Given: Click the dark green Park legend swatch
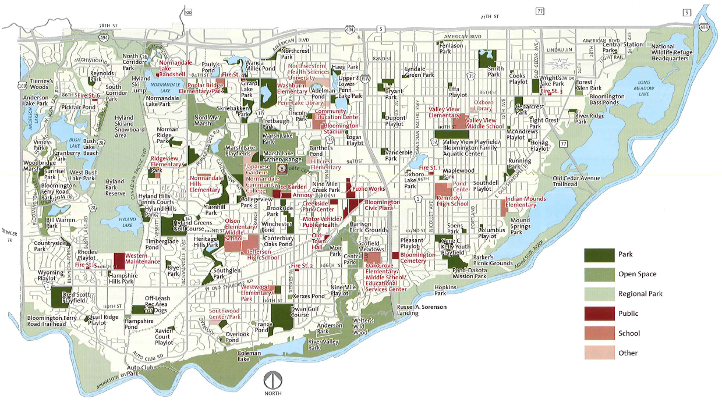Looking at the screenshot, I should pos(599,255).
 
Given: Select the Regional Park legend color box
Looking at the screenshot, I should pos(599,294).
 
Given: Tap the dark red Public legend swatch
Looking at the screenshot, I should pos(599,314).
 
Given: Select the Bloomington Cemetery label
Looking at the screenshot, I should pos(417,258).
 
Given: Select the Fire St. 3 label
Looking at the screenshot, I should pos(551,91).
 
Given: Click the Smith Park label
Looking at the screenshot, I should pos(494,71).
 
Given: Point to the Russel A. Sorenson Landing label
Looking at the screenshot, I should pos(408,309).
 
